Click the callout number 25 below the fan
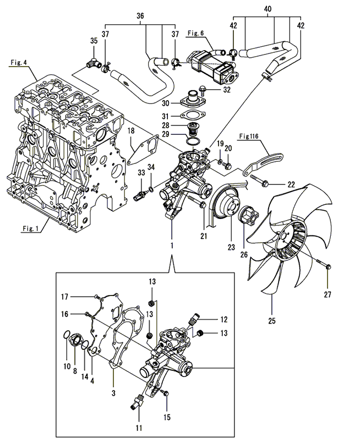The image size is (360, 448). pos(272,319)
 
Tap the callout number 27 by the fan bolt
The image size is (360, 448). pos(328,294)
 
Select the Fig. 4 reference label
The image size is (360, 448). pos(19,63)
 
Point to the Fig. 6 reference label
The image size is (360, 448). pos(195,34)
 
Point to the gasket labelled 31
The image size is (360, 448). pos(190,116)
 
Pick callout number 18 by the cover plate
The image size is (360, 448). pos(132,130)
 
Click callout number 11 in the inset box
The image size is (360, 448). pos(139,427)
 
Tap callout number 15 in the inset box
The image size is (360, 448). pos(167,417)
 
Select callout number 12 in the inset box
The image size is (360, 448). pos(224,319)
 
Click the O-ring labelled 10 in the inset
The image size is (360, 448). pos(67,334)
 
